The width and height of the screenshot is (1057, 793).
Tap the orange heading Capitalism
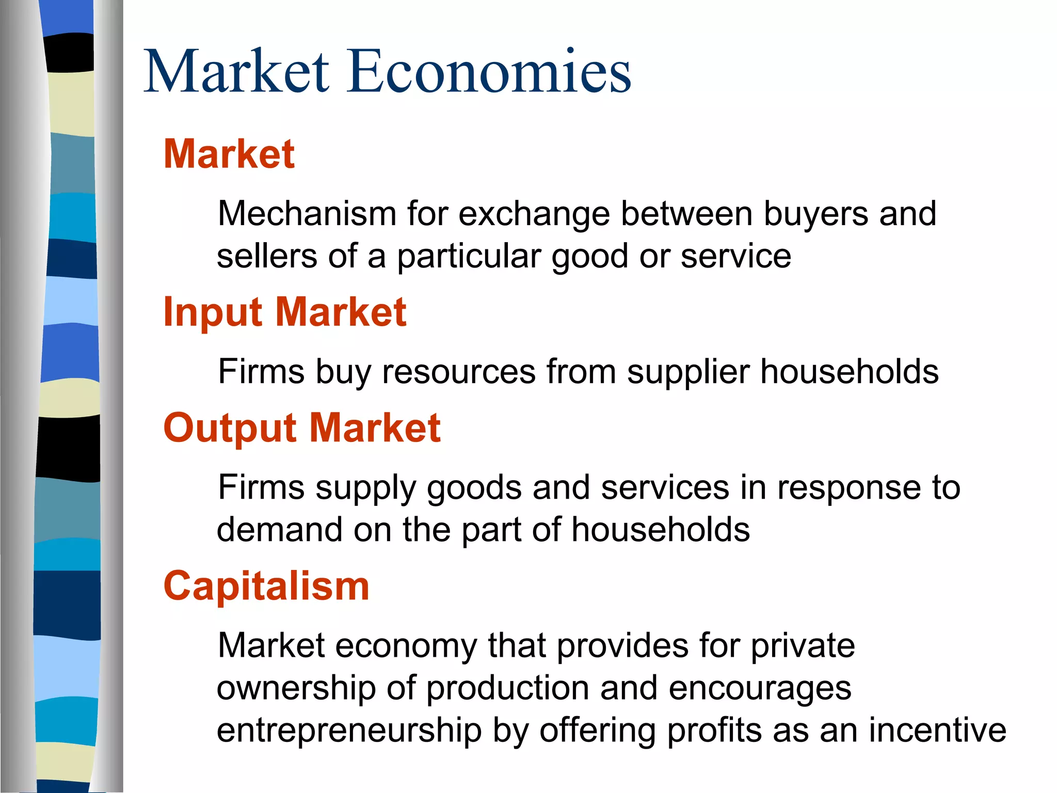point(266,586)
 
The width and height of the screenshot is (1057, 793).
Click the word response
point(849,488)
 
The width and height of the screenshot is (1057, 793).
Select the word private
point(802,646)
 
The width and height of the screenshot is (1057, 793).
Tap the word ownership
point(296,689)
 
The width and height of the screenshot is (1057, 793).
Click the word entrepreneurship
point(349,731)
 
